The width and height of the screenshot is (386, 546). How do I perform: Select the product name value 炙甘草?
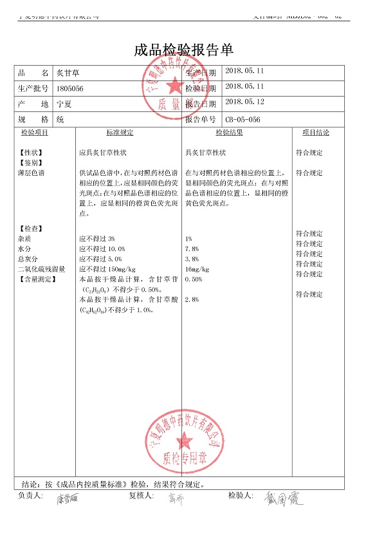[x=68, y=73]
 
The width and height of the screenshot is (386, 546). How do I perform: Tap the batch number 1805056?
[x=70, y=88]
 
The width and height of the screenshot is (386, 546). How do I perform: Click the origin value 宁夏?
[x=64, y=104]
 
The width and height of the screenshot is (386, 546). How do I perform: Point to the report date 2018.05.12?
[x=245, y=102]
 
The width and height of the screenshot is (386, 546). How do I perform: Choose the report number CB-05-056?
[x=243, y=119]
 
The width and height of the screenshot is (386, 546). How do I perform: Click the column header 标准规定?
[x=120, y=133]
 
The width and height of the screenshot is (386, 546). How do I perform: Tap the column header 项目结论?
[x=315, y=133]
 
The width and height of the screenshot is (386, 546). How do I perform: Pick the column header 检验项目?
[x=35, y=133]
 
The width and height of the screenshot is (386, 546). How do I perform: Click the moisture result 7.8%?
[x=192, y=249]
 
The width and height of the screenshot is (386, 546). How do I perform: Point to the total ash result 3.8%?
[x=192, y=259]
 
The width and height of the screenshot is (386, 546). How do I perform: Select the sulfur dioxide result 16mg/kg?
[x=197, y=269]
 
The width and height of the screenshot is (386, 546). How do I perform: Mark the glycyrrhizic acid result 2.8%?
[x=192, y=300]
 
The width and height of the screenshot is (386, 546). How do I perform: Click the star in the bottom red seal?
[x=185, y=440]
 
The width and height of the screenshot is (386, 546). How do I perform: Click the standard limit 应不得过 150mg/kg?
[x=107, y=269]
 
